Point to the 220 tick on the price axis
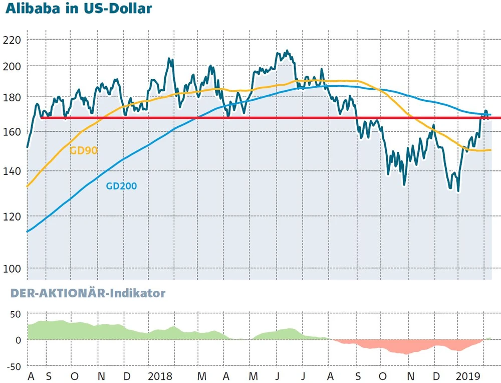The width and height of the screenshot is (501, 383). coord(13,40)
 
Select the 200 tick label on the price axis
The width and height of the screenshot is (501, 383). coord(13,66)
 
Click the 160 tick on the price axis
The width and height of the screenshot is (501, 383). coord(13,132)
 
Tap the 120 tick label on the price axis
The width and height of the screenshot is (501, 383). coord(13,217)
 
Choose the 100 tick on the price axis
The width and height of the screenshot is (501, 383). coord(13,269)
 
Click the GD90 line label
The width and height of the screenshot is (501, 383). coord(83,150)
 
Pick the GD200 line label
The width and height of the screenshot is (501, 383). coord(121,186)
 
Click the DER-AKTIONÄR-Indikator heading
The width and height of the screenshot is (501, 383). coord(88,293)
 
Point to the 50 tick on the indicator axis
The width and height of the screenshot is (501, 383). coord(16,314)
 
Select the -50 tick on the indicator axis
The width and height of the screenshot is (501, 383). coord(14,366)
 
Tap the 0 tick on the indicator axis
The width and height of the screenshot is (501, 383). coord(18,340)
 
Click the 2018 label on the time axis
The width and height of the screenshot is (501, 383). coord(160,376)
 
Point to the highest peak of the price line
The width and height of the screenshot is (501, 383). coord(286,50)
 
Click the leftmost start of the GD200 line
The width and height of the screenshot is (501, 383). coord(27,232)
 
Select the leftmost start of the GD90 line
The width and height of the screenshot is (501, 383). coord(27,186)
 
